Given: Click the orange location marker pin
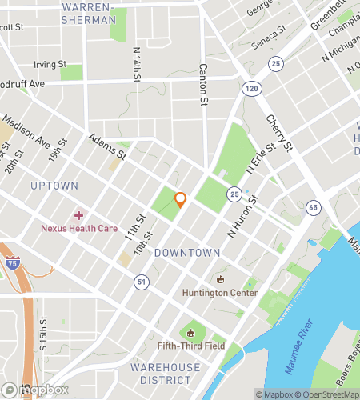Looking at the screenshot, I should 180,200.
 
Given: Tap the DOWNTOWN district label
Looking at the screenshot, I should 186,253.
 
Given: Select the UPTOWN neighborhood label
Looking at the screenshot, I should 54,186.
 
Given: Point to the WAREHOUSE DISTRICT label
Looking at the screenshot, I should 166,374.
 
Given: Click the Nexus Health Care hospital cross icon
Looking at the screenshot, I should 78,215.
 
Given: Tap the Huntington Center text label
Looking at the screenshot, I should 219,293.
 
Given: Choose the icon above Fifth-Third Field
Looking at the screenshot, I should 191,333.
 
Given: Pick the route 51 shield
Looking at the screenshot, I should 141,282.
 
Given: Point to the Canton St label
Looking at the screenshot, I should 203,84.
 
